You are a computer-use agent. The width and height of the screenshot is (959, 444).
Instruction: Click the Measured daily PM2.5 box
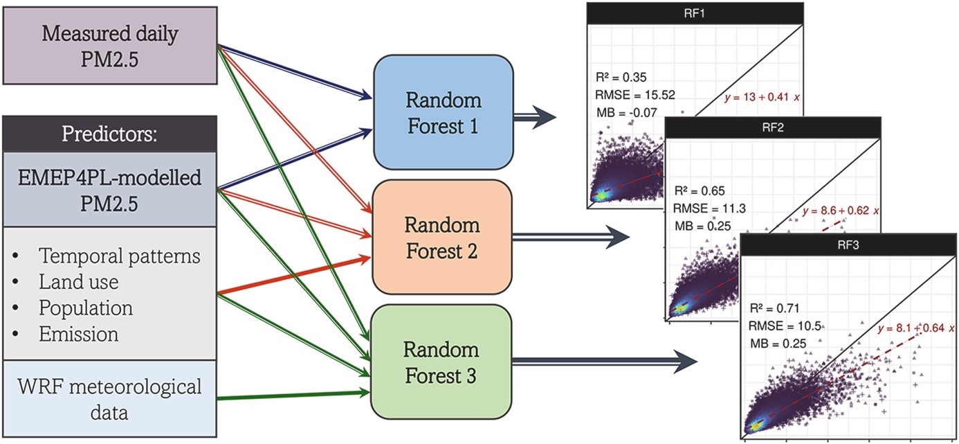(x=109, y=46)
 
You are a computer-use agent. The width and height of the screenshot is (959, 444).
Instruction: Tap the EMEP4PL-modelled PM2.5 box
(x=110, y=190)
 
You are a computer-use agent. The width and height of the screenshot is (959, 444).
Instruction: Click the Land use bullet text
(x=78, y=282)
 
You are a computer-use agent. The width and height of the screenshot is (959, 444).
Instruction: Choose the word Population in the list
(x=85, y=308)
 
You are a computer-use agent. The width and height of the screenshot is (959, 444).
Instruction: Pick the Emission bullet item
(x=78, y=334)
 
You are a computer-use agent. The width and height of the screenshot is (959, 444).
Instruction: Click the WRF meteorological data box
(x=110, y=399)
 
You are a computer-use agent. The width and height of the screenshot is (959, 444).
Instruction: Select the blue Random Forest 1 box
(x=443, y=112)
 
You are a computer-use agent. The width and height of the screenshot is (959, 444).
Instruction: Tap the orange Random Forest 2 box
(x=443, y=237)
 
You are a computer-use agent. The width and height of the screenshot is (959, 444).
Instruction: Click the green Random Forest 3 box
(x=443, y=361)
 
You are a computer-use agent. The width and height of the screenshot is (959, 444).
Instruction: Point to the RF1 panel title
(x=694, y=11)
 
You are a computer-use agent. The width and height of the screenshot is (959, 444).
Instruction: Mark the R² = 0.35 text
(x=620, y=77)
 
